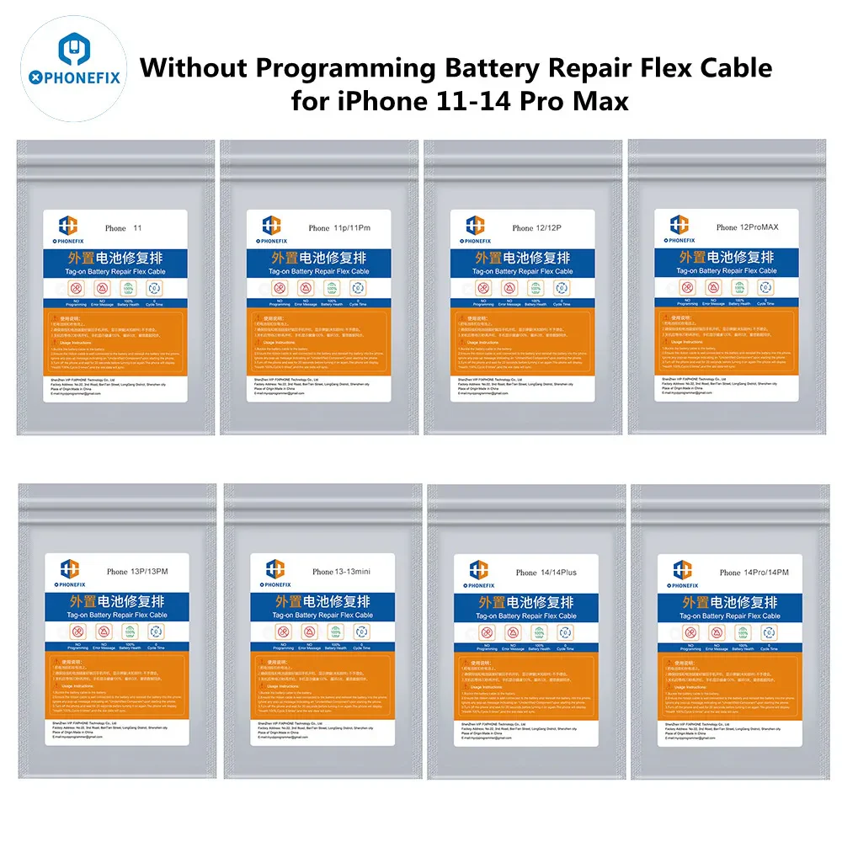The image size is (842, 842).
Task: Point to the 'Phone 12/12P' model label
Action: pyautogui.click(x=542, y=228)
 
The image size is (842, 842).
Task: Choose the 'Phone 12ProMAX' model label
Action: pyautogui.click(x=746, y=227)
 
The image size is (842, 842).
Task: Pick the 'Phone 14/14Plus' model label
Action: pyautogui.click(x=546, y=573)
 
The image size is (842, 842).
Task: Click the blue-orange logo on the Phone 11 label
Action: pyautogui.click(x=68, y=226)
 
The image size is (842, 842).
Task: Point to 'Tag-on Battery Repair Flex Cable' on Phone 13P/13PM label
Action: pyautogui.click(x=116, y=616)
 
